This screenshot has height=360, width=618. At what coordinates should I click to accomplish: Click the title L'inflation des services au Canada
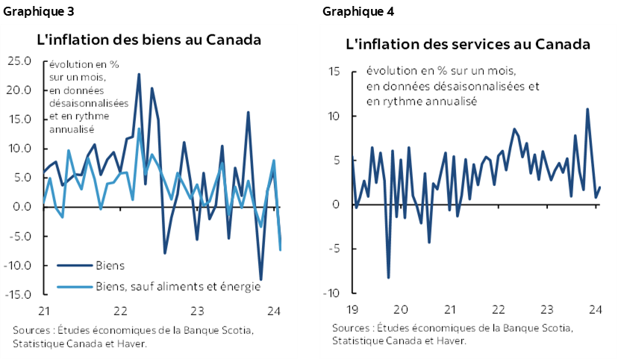point(468,44)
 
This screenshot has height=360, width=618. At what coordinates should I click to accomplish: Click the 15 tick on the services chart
point(334,72)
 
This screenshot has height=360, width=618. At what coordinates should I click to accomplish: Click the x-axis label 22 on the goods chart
point(119,311)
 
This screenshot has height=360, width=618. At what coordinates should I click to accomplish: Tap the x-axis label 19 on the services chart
point(352,309)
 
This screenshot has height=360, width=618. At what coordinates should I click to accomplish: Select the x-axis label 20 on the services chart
point(400,309)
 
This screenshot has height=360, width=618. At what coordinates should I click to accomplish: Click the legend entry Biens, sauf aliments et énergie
point(178,286)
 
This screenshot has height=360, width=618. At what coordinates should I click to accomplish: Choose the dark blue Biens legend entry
point(110,265)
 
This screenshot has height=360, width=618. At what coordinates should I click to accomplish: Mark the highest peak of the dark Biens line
point(139,75)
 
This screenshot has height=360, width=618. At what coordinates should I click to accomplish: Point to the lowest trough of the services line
point(388,278)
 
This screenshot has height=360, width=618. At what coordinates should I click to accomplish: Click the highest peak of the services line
point(587,109)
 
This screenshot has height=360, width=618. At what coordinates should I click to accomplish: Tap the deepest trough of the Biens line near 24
point(260,279)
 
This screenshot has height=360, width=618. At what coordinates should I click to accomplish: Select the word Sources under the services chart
point(352,328)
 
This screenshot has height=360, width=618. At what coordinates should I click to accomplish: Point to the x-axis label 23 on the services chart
point(547,309)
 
